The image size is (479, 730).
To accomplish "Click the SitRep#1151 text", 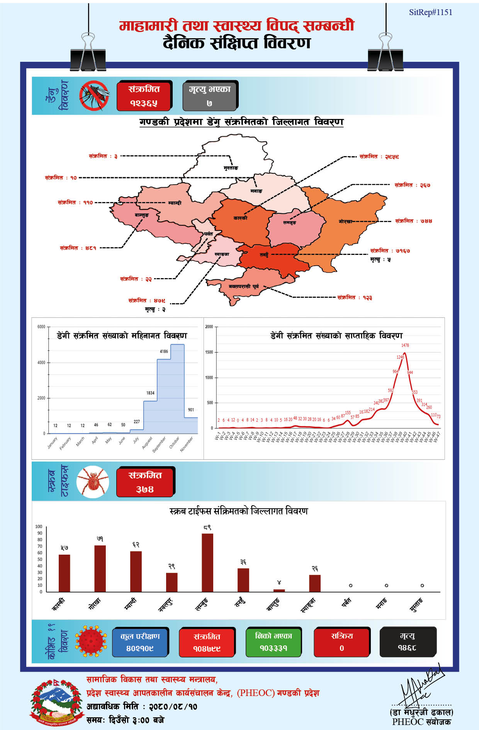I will tap(430, 12).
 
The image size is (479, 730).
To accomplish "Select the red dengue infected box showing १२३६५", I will tap(144, 96).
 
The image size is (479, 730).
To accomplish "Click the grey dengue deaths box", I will tap(209, 96).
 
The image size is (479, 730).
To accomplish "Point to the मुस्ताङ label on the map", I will tap(231, 168).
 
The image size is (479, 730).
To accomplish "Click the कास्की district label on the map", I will tap(240, 218).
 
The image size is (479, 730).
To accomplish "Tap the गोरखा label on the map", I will tap(345, 221).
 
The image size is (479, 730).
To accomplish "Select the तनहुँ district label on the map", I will tap(264, 255).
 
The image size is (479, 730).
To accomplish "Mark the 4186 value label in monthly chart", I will tap(164, 351).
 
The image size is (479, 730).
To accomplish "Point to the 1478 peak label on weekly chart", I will tap(405, 345).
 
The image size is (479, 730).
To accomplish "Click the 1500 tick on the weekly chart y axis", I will tap(209, 352).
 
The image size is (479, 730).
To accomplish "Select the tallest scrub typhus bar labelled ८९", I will tap(207, 562).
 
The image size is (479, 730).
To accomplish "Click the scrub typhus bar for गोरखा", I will tap(100, 568).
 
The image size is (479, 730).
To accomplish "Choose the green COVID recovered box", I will tap(273, 642).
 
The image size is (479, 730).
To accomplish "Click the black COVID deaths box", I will tap(408, 642).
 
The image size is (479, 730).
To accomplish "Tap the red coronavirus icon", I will tap(91, 642).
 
